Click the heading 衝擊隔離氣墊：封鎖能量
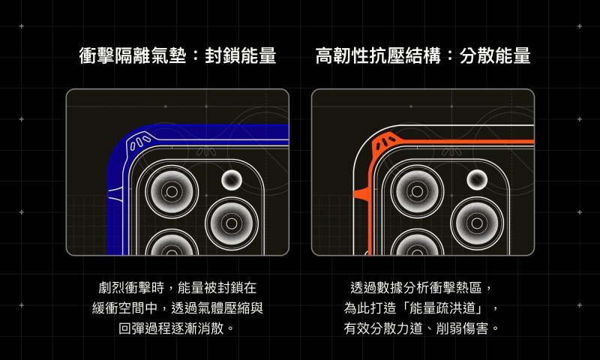tap(178, 55)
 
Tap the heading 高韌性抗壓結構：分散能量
tap(423, 55)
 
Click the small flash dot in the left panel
tap(232, 180)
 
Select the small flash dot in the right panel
tap(477, 180)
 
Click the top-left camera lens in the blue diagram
tap(172, 191)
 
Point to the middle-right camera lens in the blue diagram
tap(232, 223)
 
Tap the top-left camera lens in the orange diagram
tap(417, 191)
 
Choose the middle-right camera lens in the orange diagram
tap(477, 223)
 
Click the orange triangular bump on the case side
tap(361, 194)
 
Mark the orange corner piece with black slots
tap(385, 142)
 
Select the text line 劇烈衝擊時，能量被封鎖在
tap(178, 287)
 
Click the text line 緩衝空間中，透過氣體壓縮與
tap(178, 308)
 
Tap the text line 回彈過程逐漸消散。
tap(178, 328)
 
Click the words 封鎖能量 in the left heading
tap(240, 55)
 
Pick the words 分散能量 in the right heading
tap(495, 55)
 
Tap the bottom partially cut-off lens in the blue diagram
tap(172, 242)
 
